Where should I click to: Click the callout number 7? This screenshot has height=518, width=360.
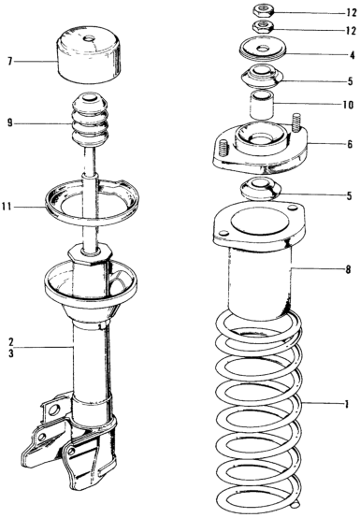click(x=10, y=62)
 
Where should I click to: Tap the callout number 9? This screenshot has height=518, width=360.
click(x=10, y=123)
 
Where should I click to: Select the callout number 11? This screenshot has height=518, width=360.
click(x=7, y=208)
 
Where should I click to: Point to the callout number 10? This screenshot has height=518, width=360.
click(x=349, y=105)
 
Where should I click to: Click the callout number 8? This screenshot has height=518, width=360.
click(x=348, y=269)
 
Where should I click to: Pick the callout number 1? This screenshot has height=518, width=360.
click(x=346, y=404)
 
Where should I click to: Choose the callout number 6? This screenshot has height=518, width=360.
click(x=350, y=144)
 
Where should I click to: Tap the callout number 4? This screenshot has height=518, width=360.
click(x=353, y=55)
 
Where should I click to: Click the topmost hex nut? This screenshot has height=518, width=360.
click(x=263, y=10)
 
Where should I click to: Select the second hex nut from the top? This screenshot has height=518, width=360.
click(x=263, y=26)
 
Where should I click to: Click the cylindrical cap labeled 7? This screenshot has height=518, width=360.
click(x=89, y=54)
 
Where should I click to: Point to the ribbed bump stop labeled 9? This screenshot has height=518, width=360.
click(x=89, y=121)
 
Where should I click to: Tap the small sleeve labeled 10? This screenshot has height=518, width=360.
click(x=262, y=105)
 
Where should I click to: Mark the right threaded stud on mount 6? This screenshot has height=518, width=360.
click(x=297, y=122)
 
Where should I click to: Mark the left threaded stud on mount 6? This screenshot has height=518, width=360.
click(x=224, y=148)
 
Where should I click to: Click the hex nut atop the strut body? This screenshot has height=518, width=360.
click(x=90, y=254)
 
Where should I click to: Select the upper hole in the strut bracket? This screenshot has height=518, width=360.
click(x=53, y=410)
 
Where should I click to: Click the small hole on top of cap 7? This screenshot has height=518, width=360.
click(x=90, y=39)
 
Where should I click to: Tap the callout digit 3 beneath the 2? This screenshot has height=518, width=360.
click(x=11, y=353)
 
